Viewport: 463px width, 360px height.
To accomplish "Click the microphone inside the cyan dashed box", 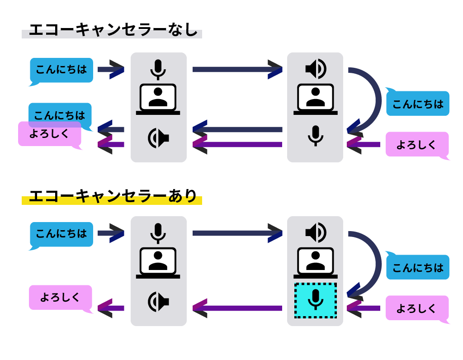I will pos(315,299).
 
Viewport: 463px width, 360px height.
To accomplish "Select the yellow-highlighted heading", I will pos(112,200).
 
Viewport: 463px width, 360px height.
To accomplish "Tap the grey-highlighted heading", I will pos(112,33).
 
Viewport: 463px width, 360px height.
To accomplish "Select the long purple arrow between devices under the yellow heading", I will pos(237,308).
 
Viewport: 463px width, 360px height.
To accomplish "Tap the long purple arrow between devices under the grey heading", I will pos(237,144).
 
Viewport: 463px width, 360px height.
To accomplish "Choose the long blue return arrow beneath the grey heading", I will pos(237,129).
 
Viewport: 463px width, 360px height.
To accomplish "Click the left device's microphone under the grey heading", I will pos(158,69).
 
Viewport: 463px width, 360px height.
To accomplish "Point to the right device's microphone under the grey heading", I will pos(315,135).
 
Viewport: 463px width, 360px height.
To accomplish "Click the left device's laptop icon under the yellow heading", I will pos(158,262).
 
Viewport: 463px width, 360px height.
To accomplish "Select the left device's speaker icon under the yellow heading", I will pos(158,302).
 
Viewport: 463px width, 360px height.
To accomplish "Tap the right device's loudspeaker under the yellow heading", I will pos(315,232).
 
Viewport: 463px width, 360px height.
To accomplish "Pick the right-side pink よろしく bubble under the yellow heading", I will pos(417,308).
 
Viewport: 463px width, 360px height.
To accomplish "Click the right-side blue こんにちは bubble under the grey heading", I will pos(417,104).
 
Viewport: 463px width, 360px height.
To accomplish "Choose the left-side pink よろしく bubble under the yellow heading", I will pos(61,297).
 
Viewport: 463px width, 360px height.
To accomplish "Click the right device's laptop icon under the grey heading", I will pos(315,99).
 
